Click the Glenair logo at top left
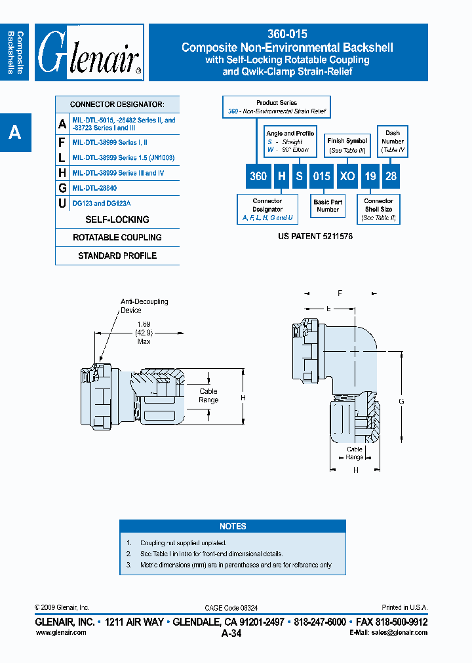point(89,52)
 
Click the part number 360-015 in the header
point(288,34)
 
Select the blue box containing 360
point(258,176)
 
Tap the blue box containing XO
point(347,176)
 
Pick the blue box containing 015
point(321,176)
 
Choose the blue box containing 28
point(389,176)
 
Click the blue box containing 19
point(370,176)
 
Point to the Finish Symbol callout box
point(347,145)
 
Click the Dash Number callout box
point(393,141)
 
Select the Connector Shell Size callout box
point(378,209)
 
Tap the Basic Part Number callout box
point(328,206)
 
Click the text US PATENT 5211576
point(315,236)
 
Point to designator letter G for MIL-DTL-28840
point(62,188)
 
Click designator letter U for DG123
point(62,204)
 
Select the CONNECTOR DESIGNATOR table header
point(117,104)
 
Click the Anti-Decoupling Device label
point(144,305)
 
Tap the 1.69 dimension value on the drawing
point(144,324)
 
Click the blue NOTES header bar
point(233,526)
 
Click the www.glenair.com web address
point(60,632)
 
